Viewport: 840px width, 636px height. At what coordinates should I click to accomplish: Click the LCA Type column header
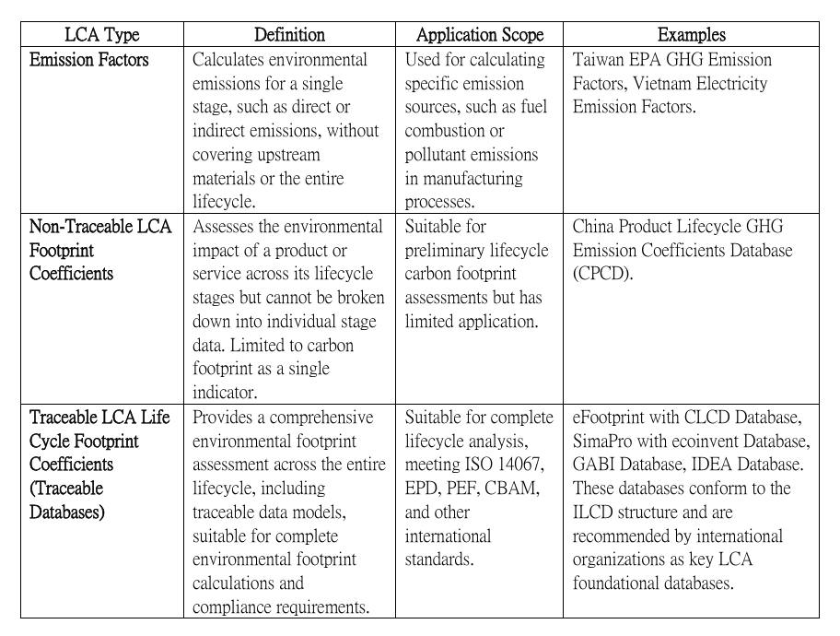click(101, 35)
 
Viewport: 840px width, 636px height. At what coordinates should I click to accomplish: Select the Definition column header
click(289, 35)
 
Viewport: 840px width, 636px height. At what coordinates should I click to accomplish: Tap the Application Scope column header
click(480, 35)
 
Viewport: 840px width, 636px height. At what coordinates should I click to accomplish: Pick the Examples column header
click(691, 35)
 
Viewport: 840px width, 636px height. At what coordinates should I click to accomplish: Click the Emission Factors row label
click(89, 60)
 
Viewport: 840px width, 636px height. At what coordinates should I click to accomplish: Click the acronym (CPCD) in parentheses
click(602, 274)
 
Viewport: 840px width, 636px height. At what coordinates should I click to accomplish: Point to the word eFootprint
click(615, 417)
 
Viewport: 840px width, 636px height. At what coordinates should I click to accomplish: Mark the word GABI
click(595, 465)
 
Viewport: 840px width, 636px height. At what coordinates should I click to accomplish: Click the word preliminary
click(450, 251)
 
